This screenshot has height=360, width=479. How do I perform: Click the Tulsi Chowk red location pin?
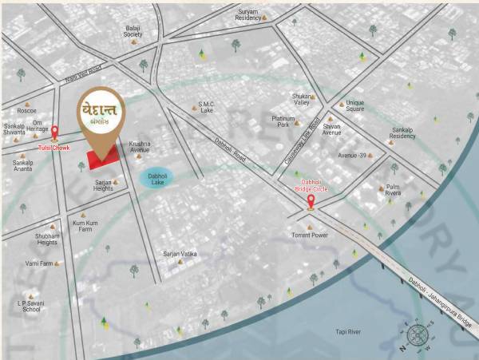tap(55, 133)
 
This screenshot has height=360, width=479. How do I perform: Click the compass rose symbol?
tap(418, 335)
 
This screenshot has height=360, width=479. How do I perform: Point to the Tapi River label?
tap(348, 331)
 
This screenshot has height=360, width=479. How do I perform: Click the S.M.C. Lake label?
tap(207, 107)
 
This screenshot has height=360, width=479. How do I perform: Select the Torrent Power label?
tap(309, 235)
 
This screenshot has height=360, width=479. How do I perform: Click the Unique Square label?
tap(354, 106)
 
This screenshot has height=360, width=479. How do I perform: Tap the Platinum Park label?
tap(283, 121)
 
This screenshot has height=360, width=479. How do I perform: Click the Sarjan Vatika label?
tap(180, 254)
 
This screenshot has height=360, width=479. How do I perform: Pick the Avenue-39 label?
tap(352, 155)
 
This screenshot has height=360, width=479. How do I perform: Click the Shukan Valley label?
tap(302, 99)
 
